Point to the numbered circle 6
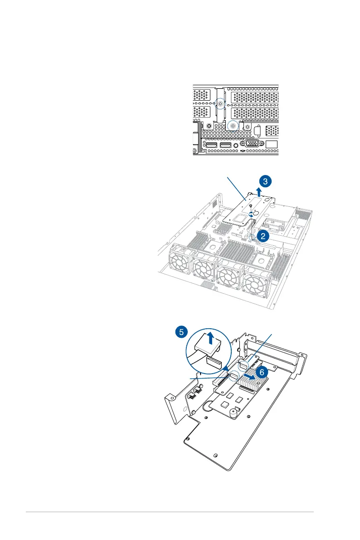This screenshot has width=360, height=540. point(261,372)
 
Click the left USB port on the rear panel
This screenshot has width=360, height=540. point(211,146)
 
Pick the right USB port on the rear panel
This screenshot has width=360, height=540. point(226,146)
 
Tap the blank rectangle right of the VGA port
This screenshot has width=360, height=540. point(272,145)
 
